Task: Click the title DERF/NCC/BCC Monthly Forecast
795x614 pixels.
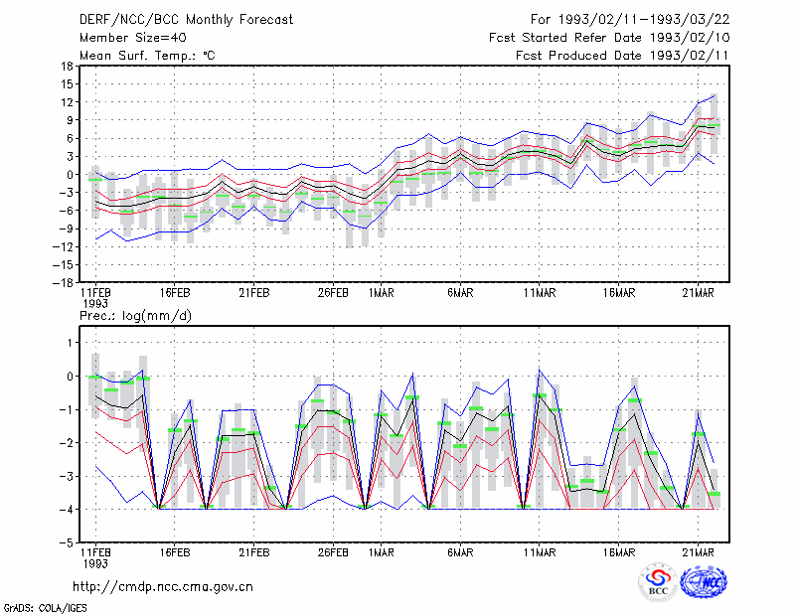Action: (x=186, y=20)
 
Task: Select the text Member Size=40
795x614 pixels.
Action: (x=133, y=38)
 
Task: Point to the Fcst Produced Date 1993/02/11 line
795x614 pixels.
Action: (x=622, y=56)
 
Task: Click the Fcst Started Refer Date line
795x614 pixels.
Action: (x=609, y=38)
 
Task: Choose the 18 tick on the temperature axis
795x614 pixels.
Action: (x=68, y=66)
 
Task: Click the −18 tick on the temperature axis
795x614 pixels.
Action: (x=64, y=282)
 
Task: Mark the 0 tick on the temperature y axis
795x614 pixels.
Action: (x=71, y=175)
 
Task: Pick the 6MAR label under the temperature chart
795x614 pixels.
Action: (x=460, y=293)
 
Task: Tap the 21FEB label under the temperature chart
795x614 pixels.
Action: (x=254, y=293)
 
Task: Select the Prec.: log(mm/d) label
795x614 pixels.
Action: (x=136, y=316)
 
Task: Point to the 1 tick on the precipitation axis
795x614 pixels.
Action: (x=71, y=343)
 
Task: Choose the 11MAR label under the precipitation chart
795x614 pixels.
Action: (x=540, y=553)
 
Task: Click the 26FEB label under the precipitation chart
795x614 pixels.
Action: (x=333, y=553)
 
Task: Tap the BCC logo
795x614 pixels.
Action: (x=658, y=581)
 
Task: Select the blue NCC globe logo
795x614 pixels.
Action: (x=704, y=581)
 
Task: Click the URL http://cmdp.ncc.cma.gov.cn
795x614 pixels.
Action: (x=163, y=587)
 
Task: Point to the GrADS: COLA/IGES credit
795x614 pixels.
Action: (x=45, y=608)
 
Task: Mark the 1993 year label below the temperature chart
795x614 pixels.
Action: (x=94, y=304)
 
